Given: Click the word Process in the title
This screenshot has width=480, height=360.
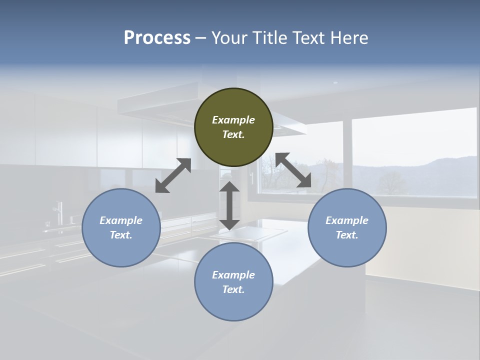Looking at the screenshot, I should (157, 38).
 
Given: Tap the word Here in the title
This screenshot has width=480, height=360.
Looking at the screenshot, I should (348, 38).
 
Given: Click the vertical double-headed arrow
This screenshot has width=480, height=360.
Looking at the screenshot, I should (229, 205).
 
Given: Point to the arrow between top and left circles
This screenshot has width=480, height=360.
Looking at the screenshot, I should (173, 175).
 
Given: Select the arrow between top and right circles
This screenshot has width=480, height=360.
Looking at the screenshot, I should (293, 170).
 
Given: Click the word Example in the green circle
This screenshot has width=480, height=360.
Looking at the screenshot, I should (233, 120).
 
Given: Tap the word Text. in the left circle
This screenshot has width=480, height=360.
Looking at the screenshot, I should (121, 235).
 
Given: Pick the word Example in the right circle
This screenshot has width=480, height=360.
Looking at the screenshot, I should (347, 220).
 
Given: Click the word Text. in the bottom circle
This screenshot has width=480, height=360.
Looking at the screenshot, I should (233, 289).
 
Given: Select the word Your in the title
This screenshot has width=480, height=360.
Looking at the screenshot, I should (228, 38).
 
